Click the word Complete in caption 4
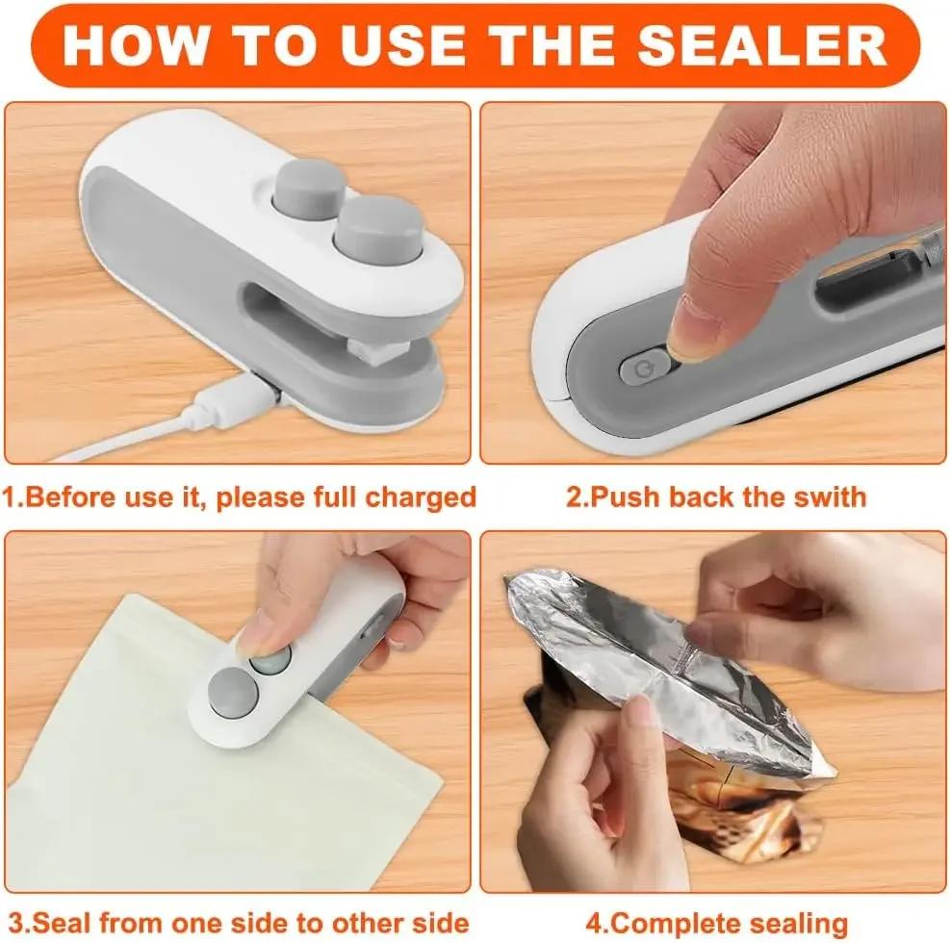pos(671,921)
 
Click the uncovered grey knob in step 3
pos(230,691)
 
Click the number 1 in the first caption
pos(8,497)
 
